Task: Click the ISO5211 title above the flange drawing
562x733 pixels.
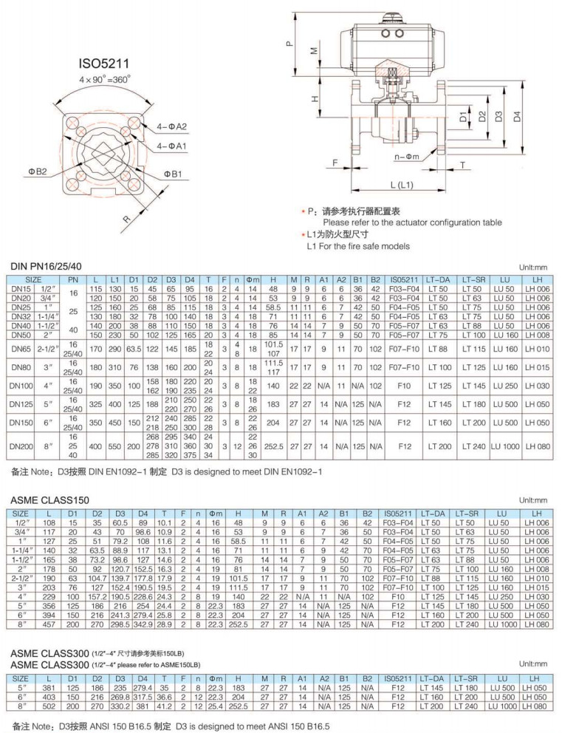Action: pyautogui.click(x=106, y=64)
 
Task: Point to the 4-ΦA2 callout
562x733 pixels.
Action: pyautogui.click(x=171, y=126)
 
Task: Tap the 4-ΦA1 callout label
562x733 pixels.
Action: pyautogui.click(x=171, y=146)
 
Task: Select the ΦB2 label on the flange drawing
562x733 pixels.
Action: pyautogui.click(x=38, y=171)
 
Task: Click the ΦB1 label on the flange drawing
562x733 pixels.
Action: pyautogui.click(x=172, y=174)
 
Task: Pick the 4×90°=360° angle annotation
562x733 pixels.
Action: pyautogui.click(x=106, y=78)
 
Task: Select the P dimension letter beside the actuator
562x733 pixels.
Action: pyautogui.click(x=289, y=43)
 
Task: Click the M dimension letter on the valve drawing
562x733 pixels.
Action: pyautogui.click(x=314, y=52)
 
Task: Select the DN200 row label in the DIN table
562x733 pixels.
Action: pyautogui.click(x=20, y=446)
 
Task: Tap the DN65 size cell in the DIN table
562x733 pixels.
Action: pyautogui.click(x=20, y=347)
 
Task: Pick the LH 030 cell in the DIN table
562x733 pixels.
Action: pyautogui.click(x=537, y=385)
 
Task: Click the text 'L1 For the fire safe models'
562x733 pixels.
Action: pyautogui.click(x=358, y=245)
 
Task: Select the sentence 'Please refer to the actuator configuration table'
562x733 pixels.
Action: pyautogui.click(x=412, y=222)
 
